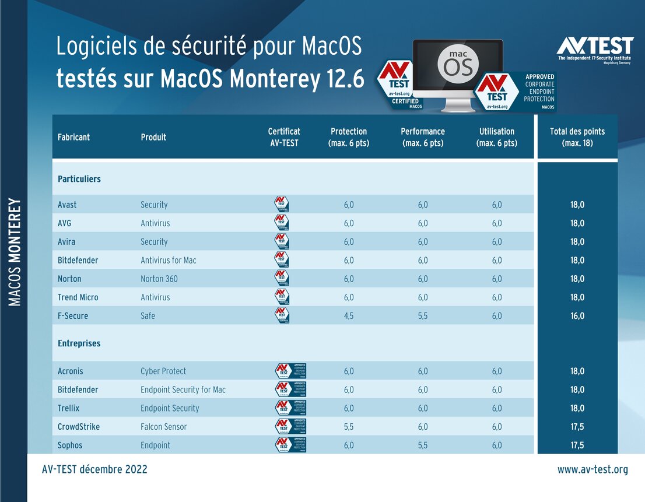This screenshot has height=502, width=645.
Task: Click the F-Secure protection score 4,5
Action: tap(349, 316)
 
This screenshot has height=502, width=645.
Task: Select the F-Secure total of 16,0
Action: tap(577, 316)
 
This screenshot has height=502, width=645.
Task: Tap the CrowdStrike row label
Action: tap(79, 427)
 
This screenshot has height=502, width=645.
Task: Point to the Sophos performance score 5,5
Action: tap(423, 445)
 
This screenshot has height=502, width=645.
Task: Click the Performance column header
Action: tap(423, 137)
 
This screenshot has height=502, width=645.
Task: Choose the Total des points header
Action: tap(577, 137)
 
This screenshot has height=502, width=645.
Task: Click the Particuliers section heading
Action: tap(79, 179)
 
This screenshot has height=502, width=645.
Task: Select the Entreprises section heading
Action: tap(79, 343)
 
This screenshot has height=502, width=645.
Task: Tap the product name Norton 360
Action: tap(159, 279)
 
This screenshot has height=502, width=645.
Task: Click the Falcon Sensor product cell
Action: tap(164, 427)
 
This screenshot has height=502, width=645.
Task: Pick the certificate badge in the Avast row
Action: tap(282, 205)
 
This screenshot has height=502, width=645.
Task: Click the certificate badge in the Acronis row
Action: tap(290, 371)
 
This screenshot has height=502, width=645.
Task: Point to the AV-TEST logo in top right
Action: tap(595, 49)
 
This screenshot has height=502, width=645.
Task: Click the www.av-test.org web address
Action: tap(593, 469)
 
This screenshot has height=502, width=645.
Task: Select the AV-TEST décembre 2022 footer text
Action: tap(94, 469)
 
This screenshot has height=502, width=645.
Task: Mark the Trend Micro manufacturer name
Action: tap(78, 297)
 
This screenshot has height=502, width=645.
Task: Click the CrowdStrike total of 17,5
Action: tap(577, 427)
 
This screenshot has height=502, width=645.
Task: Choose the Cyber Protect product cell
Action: tap(163, 371)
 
